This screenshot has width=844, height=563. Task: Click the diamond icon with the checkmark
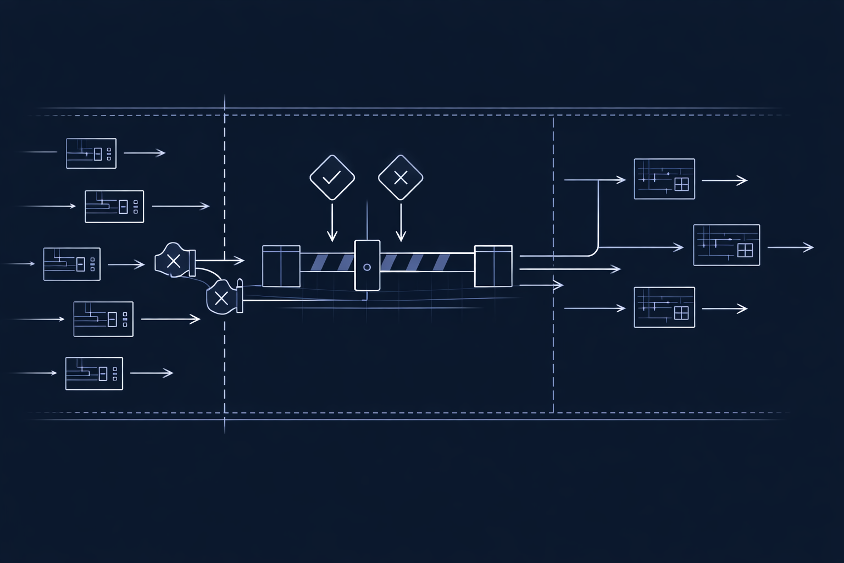[x=332, y=177]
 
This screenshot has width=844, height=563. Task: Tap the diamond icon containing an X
[x=401, y=177]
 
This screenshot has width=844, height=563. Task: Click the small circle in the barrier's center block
[x=367, y=267]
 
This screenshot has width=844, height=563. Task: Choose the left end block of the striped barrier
[x=281, y=266]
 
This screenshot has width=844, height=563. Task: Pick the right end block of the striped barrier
[x=493, y=266]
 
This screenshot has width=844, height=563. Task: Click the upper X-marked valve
[x=174, y=261]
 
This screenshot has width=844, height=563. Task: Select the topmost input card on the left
[x=91, y=153]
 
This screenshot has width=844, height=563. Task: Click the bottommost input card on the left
[x=94, y=373]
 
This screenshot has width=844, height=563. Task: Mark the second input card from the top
[x=114, y=207]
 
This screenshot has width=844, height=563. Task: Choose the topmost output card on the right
[x=664, y=179]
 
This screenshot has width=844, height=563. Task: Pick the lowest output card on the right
[x=664, y=307]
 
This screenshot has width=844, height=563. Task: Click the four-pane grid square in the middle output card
[x=745, y=250]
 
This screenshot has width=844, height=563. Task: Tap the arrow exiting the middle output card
[x=790, y=247]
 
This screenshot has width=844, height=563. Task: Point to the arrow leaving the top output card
[x=724, y=180]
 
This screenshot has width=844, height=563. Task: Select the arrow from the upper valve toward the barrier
[x=220, y=260]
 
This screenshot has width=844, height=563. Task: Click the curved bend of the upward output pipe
[x=595, y=252]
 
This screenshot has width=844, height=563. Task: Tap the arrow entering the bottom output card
[x=595, y=308]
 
